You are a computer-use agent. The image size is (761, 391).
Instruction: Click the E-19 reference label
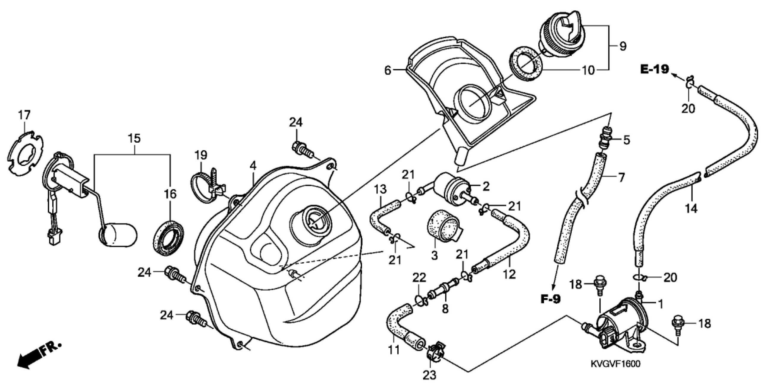[654, 70]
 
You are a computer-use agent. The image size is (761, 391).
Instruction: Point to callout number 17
[24, 115]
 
